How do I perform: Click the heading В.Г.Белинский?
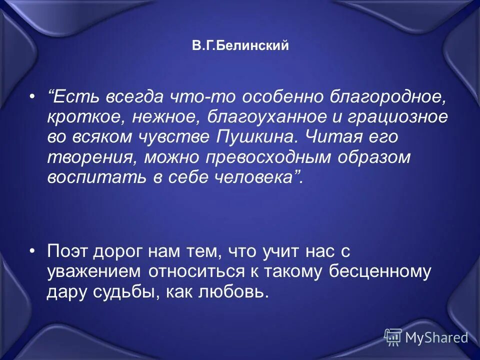click(240, 46)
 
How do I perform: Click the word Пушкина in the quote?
click(255, 137)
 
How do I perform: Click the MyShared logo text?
click(436, 337)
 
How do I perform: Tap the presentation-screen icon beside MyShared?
click(393, 337)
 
